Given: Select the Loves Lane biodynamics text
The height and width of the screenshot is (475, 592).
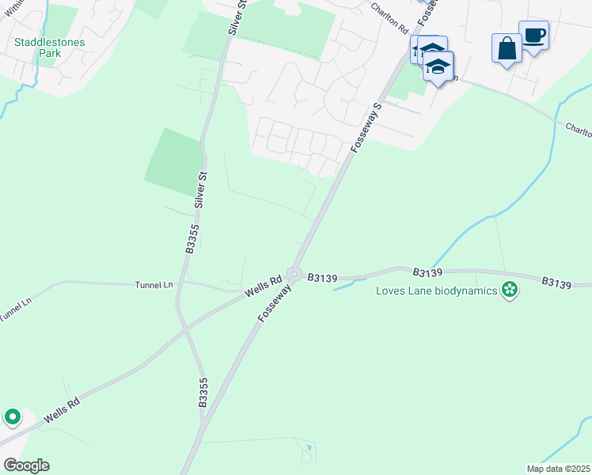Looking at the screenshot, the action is coord(437,291).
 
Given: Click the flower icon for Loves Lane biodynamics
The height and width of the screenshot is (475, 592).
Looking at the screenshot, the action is coord(510,291).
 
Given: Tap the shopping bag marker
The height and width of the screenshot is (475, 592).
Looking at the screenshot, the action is coord(506,49).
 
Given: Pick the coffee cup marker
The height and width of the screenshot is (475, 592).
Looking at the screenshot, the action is coord(533,36).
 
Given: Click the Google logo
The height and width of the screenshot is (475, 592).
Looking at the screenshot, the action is coord(25,465).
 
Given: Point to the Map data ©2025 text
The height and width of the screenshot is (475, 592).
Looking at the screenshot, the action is coord(557,469).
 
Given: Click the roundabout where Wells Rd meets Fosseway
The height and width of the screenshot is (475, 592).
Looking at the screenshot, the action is coord(294,275).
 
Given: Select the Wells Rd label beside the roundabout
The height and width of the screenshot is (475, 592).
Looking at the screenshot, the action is coord(264,286).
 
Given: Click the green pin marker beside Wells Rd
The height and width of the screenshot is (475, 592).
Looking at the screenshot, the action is coord(13,416).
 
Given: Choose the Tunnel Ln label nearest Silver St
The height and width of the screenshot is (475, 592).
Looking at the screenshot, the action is coord(154,284).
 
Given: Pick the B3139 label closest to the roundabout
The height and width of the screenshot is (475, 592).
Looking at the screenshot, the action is coord(323,278).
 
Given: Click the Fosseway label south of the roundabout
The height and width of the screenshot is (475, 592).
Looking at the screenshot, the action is coord(275,304).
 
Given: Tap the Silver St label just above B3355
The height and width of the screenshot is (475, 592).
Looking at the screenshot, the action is coord(201,190).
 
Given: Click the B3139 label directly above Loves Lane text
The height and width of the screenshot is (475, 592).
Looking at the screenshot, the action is coord(428,272).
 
